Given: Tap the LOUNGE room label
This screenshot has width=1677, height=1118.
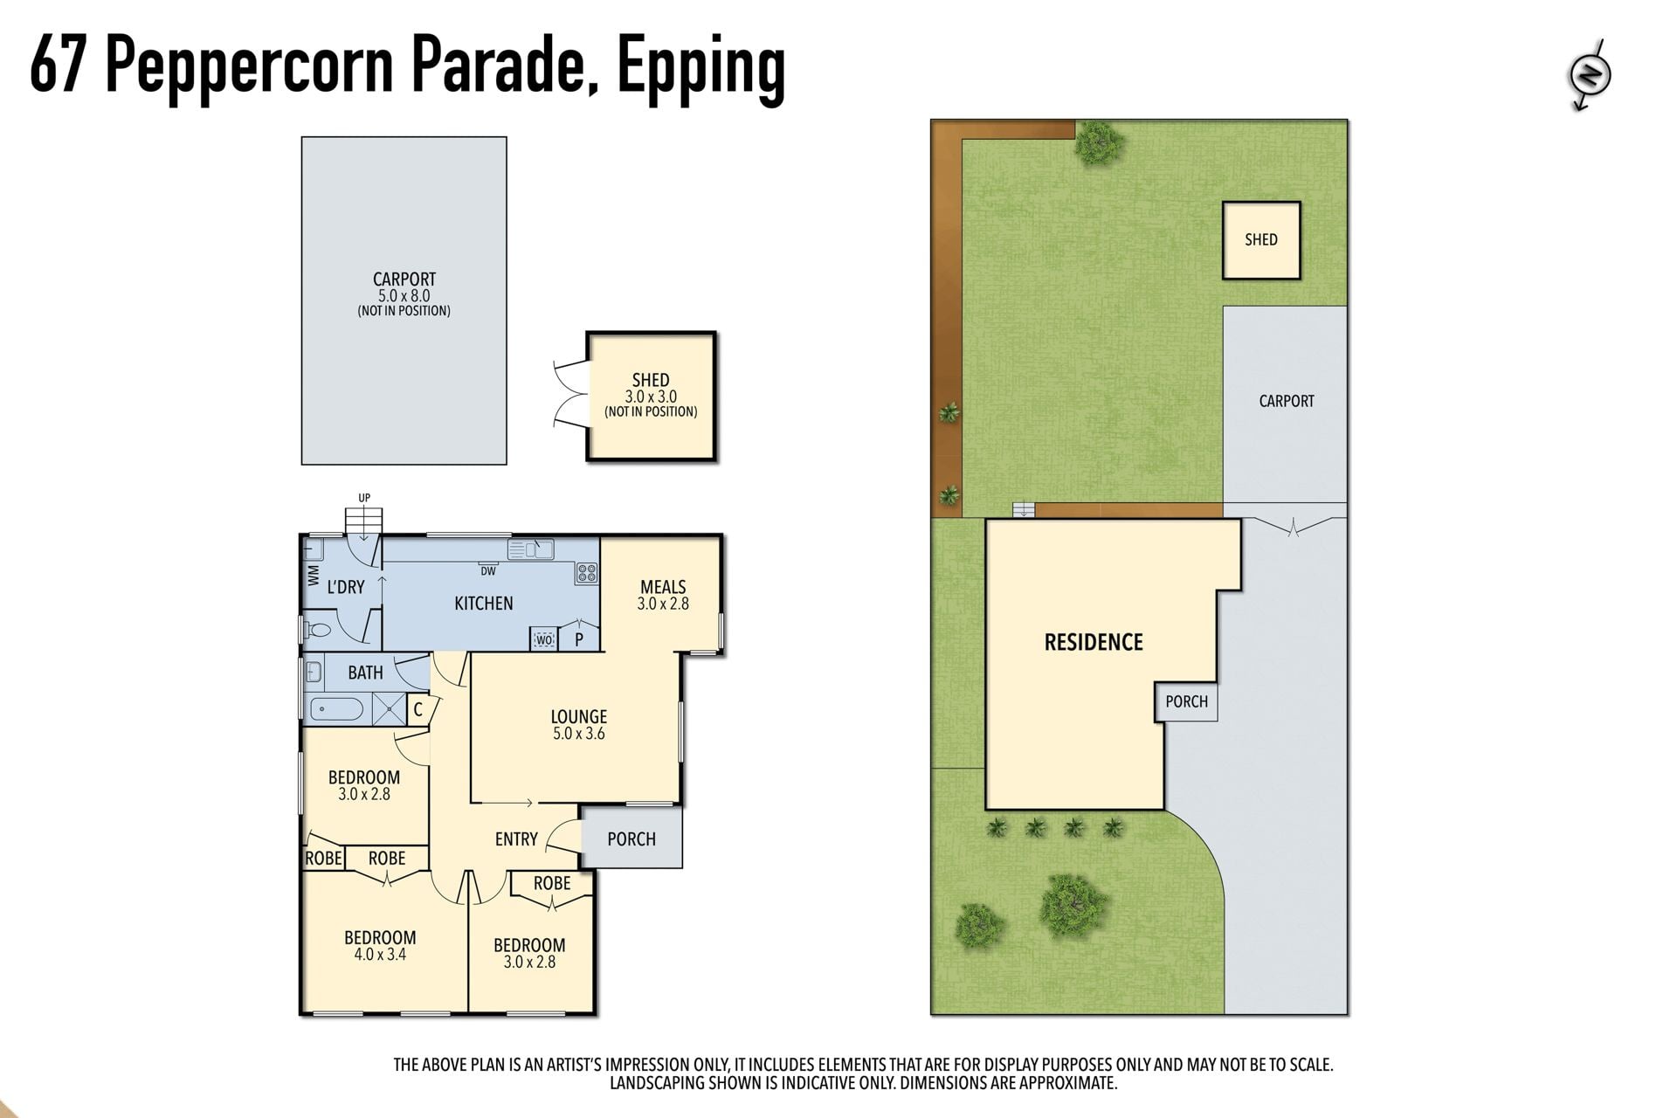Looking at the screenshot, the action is coord(578,717).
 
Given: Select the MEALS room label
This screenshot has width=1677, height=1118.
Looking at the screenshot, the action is coord(663,587).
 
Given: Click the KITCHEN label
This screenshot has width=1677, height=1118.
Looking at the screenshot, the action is coord(484,604).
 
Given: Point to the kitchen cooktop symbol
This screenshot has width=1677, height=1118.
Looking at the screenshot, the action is coord(587,574).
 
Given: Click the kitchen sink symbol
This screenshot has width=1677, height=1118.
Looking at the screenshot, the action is coord(531,549).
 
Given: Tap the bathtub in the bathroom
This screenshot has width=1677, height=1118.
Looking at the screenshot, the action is coord(336,708).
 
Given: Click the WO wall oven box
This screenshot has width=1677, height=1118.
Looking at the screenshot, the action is coord(544,640).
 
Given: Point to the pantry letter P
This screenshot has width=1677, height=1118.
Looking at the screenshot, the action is coord(578,640).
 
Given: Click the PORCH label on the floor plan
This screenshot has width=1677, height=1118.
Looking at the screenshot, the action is coord(631,839).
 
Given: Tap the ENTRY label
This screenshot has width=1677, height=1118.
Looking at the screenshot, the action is coord(516,839).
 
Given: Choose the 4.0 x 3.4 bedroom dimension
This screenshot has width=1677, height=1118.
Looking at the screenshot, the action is coord(380,955).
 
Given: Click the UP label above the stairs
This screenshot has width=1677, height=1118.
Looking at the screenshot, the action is coord(364,498).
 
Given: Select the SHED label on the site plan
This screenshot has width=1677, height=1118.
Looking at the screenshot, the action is coord(1261,240).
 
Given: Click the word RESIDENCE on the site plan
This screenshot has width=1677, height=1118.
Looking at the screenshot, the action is coord(1094,643).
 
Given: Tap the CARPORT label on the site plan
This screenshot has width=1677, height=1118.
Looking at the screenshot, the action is coord(1287,402).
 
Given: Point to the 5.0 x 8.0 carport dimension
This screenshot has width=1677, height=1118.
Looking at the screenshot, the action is coord(404,296).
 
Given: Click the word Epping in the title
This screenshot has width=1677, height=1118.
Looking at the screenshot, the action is coord(701,68).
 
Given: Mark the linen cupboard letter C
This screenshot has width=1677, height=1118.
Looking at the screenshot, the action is coord(418,710).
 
